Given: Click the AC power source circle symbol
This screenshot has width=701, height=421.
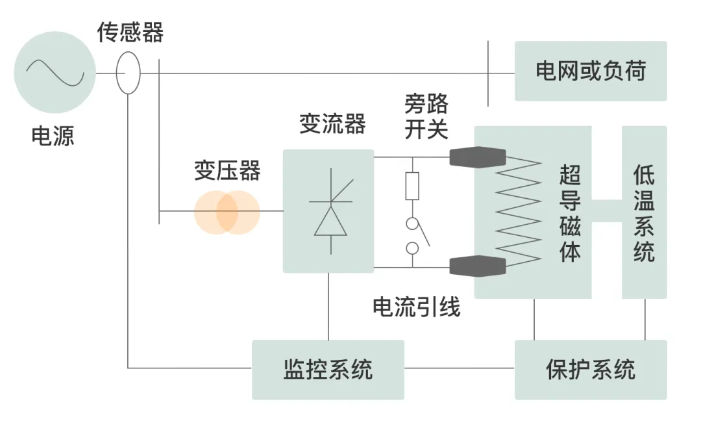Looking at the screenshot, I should point(55,72).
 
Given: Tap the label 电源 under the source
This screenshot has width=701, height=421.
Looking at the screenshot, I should point(53,136).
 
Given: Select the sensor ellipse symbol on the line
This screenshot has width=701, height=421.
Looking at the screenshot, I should point(128,73).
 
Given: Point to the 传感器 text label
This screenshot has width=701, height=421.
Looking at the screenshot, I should point(130,32).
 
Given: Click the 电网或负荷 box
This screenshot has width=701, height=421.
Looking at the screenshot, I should point(590,71).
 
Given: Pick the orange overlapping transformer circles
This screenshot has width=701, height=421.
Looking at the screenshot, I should point(227,212).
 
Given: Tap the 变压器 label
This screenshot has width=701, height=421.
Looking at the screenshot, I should point(227,171).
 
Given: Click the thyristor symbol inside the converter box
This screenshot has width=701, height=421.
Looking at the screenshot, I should point(330,212).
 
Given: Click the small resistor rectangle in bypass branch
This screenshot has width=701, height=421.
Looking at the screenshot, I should point(412,186).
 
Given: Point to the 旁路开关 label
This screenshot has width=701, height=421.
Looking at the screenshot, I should point(426,116).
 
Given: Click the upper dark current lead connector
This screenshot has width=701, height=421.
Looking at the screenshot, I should point(478,157).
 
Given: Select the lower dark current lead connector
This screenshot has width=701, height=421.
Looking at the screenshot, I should point(478,265).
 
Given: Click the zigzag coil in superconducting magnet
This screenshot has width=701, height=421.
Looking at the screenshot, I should point(518,211).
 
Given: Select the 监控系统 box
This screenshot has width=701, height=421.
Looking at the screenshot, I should point(328,369).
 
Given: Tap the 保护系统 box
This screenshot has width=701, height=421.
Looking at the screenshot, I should point(590,369).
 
